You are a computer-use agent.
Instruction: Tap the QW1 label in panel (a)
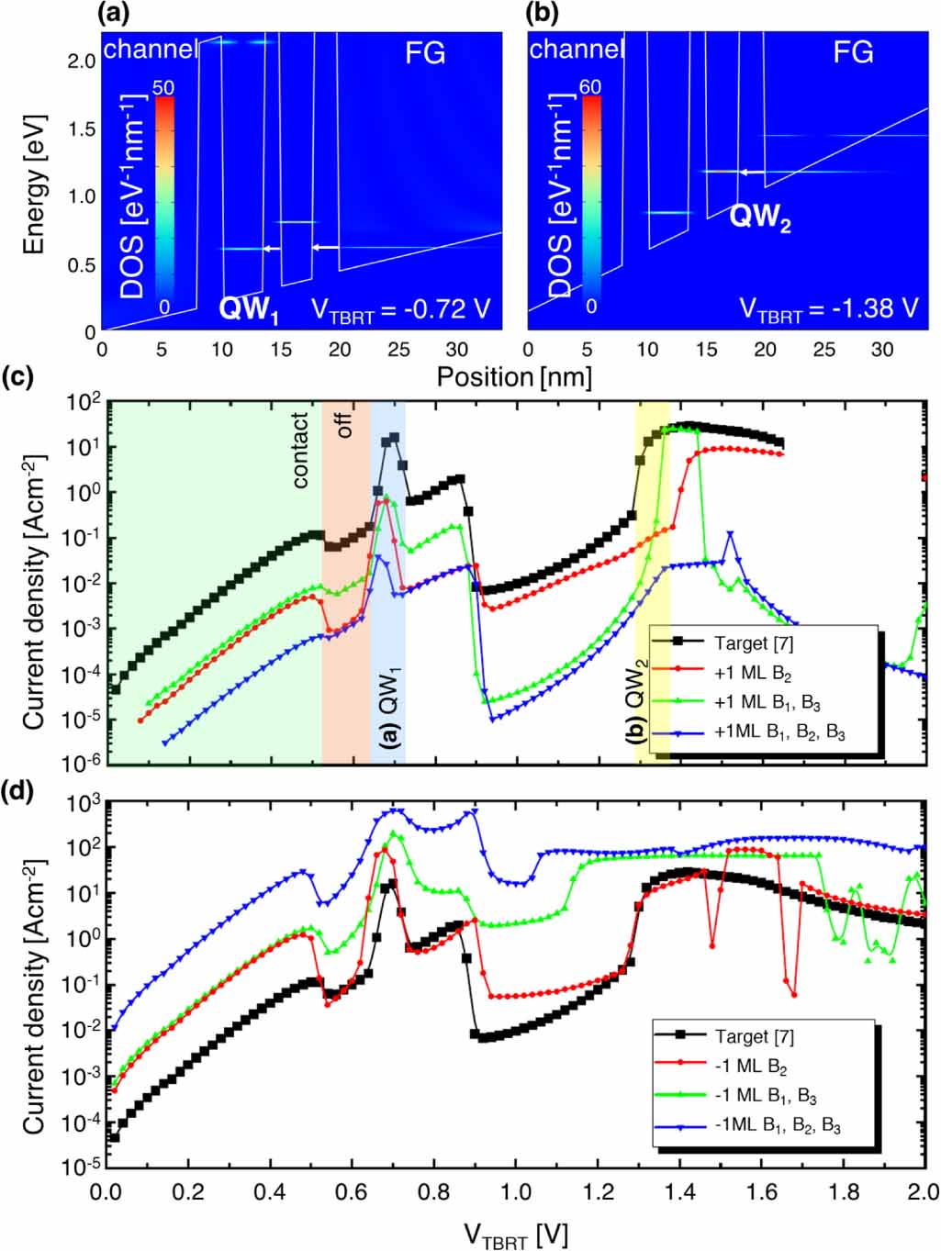(x=248, y=309)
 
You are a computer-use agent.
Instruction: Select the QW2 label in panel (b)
(x=759, y=218)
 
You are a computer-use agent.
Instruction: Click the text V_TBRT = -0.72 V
(x=400, y=309)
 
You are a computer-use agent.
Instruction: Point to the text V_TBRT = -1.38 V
(x=828, y=308)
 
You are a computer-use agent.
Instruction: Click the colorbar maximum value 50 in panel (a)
(x=163, y=88)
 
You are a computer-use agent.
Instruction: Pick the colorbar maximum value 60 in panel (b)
(x=590, y=87)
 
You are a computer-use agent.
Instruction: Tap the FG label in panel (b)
(x=852, y=53)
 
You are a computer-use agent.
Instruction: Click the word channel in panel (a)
(x=150, y=50)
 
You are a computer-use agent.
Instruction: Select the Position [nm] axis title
(x=514, y=377)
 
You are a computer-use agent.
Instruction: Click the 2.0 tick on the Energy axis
(x=82, y=61)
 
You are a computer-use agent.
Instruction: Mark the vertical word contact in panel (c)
(x=300, y=450)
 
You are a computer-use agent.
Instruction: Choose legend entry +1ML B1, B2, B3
(x=779, y=732)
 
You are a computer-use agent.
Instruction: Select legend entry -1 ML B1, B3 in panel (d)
(x=765, y=1096)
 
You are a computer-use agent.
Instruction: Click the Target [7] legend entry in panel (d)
(x=754, y=1036)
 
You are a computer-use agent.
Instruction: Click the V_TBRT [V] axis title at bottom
(x=515, y=1234)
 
